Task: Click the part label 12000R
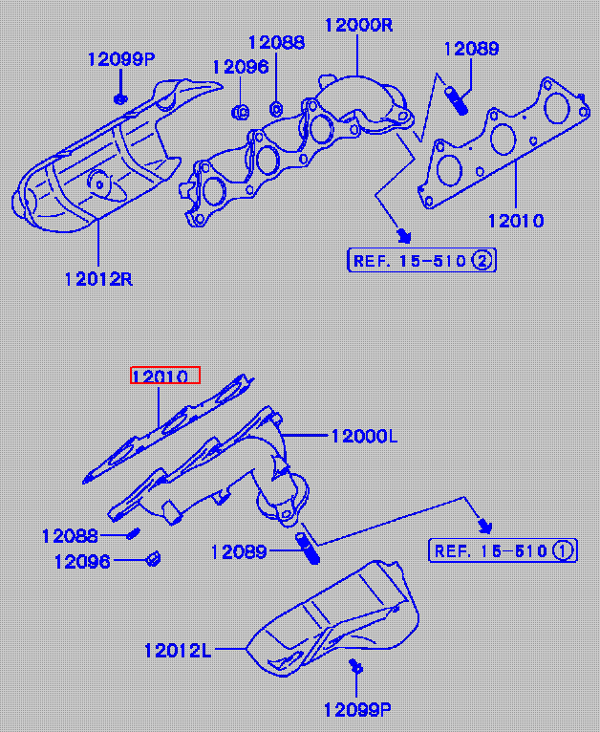pyautogui.click(x=358, y=25)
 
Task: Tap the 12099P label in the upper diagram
pyautogui.click(x=121, y=59)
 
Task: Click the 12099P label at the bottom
pyautogui.click(x=357, y=711)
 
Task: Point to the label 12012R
pyautogui.click(x=98, y=279)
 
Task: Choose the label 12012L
pyautogui.click(x=178, y=651)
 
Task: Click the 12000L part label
pyautogui.click(x=364, y=437)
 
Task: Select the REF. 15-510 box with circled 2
pyautogui.click(x=421, y=261)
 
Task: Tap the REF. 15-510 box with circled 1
pyautogui.click(x=503, y=550)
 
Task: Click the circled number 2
pyautogui.click(x=482, y=261)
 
